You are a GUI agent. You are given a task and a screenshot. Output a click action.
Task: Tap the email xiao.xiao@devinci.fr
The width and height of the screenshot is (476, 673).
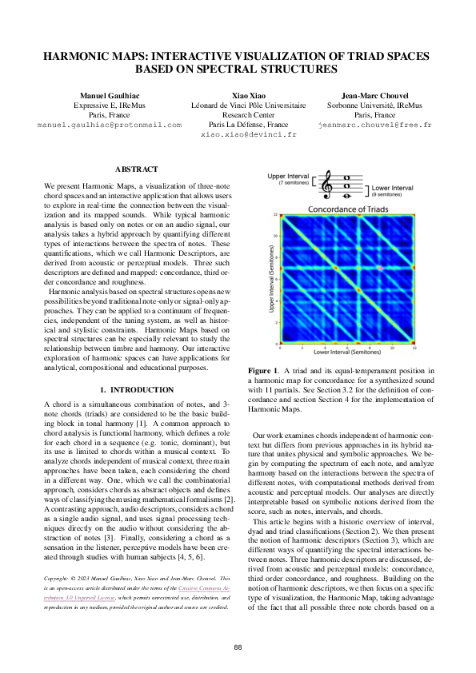247,135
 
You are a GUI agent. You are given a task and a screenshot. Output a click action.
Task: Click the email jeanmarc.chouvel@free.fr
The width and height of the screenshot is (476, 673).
374,125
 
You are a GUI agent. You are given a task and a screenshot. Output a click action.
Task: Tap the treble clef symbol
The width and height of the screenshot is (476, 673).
327,185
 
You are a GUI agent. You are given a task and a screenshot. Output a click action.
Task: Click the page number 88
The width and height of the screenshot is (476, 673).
238,647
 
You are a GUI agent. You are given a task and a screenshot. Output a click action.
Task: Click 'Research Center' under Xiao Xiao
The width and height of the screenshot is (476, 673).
248,115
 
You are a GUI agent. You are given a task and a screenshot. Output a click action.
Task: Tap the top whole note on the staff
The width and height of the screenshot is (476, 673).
345,177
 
